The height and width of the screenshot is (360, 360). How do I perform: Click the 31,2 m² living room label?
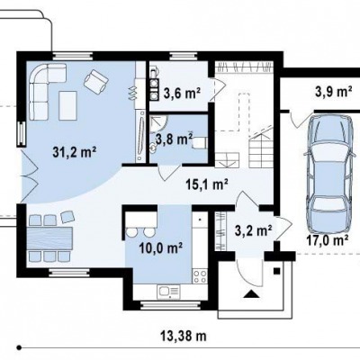pos(74,152)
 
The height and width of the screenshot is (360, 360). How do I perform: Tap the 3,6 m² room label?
pos(182,94)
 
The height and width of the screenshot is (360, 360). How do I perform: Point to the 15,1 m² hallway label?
pos(207,184)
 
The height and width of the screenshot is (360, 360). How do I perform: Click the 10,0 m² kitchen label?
pos(161,248)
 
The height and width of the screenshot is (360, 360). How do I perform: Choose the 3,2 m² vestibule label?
pos(254,230)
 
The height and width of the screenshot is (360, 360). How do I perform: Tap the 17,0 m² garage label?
pos(327,239)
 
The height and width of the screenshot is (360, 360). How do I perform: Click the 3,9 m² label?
pos(334,92)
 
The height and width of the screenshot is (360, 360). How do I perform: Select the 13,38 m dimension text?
pos(184,336)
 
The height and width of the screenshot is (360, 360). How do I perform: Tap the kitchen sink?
pos(168,292)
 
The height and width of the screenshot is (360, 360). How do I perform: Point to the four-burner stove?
pos(200,276)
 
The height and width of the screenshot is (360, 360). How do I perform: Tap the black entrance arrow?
pos(251,294)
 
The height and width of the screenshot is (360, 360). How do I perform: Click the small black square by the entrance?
pos(276,271)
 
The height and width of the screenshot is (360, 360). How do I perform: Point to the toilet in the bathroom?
pos(199,143)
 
